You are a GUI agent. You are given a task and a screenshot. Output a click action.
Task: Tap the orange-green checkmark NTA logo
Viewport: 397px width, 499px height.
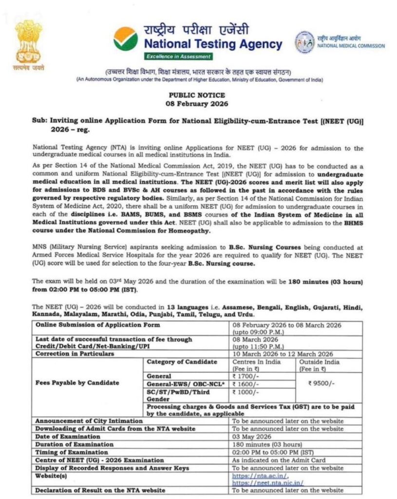[126, 38]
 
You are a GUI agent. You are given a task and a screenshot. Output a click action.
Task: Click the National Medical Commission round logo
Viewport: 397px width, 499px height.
[304, 42]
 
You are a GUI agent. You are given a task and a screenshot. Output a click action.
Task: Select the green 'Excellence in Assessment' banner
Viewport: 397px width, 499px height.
[178, 57]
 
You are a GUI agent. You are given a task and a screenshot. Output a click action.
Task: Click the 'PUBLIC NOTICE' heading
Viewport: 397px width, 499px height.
[197, 96]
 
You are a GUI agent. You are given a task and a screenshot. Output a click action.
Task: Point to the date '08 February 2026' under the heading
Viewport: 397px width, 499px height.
[197, 104]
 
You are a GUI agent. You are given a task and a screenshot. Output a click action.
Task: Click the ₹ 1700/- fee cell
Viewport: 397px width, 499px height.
[245, 376]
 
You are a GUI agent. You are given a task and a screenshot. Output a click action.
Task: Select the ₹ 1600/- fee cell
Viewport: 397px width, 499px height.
[245, 384]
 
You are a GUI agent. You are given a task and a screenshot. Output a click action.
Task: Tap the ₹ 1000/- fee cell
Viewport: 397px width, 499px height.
[245, 392]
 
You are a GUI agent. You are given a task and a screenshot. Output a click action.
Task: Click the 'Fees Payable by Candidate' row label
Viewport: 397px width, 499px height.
[77, 383]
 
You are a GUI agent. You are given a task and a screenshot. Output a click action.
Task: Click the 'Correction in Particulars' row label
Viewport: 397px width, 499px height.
[75, 354]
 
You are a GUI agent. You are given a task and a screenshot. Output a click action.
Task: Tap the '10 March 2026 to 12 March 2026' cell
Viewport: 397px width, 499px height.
[283, 354]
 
